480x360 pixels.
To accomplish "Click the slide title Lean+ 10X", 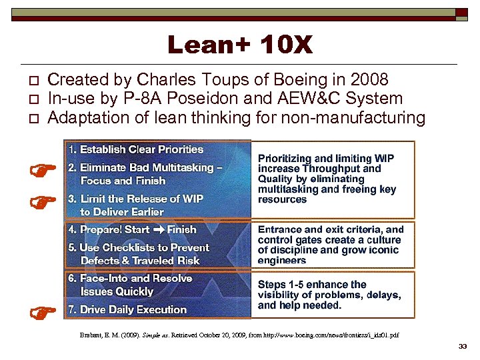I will pos(239,45).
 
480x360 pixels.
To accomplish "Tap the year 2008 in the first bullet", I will pos(369,80).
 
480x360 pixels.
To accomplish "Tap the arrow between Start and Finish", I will pos(158,230).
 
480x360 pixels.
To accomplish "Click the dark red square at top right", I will pos(462,13).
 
